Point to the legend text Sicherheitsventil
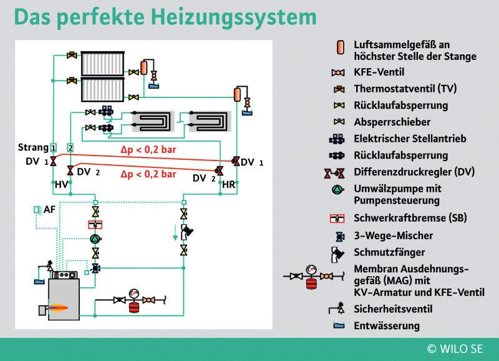[x=392, y=309]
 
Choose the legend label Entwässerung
[x=387, y=325]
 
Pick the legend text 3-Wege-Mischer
[x=393, y=235]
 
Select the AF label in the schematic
[x=49, y=209]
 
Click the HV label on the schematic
[x=61, y=185]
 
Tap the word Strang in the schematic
[x=33, y=147]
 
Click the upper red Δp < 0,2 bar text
[x=148, y=151]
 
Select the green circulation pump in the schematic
[x=95, y=239]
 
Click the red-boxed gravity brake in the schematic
[x=95, y=224]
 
